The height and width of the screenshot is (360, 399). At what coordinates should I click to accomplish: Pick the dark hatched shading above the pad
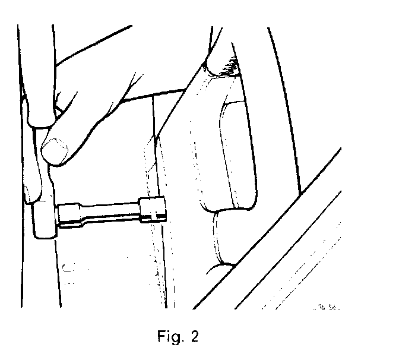point(226,68)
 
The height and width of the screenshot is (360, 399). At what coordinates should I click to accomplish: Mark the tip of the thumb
point(50,157)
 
